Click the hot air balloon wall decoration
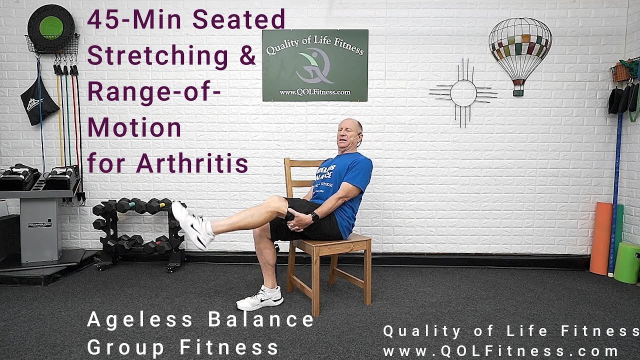coord(520,50)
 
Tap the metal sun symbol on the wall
coord(463,93)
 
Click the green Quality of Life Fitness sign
coord(315,65)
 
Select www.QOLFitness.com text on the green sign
coord(315,92)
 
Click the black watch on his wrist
coord(315,217)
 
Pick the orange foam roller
coord(600,238)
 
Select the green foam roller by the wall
coord(627,262)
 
